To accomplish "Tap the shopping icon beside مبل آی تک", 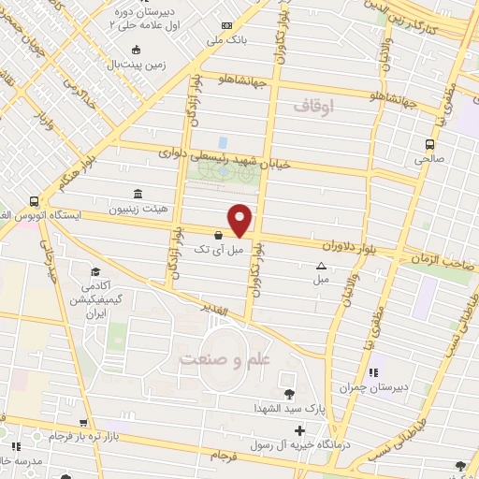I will pos(218,235).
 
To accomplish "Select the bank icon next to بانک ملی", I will pos(225,26).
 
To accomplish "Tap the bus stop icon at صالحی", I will pos(429,145).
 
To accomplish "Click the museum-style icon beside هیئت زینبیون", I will pos(138,194).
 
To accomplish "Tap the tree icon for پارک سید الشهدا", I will pos(288,393).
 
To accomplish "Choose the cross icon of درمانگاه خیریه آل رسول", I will pos(298,431).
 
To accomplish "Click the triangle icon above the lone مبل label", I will pos(321,266).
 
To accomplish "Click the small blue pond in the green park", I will pos(222,142).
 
